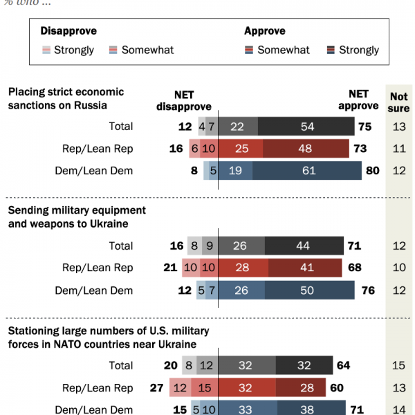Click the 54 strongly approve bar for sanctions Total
(306, 127)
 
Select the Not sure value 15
(399, 366)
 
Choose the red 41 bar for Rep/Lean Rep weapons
(304, 268)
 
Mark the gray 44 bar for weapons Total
(304, 246)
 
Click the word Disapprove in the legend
(68, 31)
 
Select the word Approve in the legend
(265, 31)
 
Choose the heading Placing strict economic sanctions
(66, 98)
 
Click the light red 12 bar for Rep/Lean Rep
(180, 388)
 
